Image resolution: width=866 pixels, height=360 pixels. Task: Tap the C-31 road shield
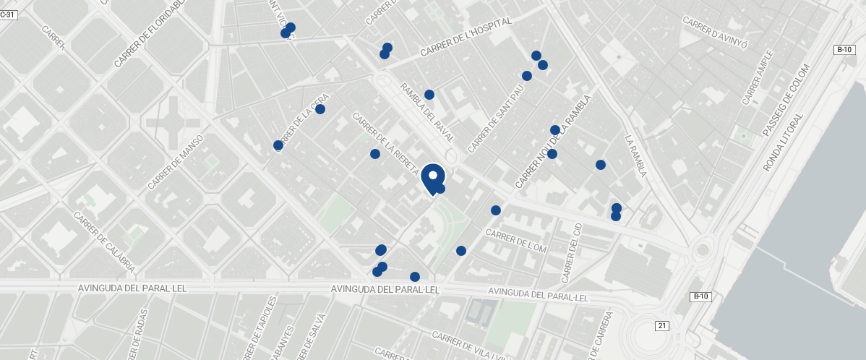coord(8,14)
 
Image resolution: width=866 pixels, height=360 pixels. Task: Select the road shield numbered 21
coord(661,325)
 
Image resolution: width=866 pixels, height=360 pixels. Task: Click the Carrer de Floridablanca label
coord(150,33)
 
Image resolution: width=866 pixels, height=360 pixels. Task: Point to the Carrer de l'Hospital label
coord(466,37)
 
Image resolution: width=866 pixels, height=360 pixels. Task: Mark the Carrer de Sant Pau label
coord(495,119)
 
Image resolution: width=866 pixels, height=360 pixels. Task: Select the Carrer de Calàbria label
coord(104,241)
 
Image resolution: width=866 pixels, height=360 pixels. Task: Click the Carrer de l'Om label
coord(517,241)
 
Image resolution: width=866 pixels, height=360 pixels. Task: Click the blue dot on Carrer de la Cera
coord(320,109)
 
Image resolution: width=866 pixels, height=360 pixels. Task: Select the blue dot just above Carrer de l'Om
coord(496,210)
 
